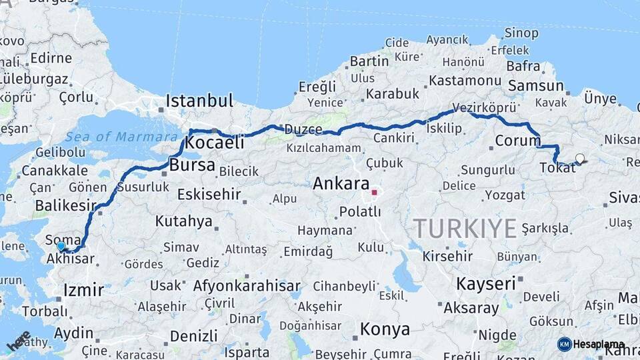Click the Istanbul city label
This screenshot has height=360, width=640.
click(199, 101)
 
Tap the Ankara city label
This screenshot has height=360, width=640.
click(341, 183)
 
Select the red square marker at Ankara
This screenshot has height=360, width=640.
click(375, 193)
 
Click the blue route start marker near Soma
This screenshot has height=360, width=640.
click(61, 246)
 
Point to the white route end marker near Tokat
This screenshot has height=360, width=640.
click(580, 159)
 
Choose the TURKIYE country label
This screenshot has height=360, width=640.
click(465, 229)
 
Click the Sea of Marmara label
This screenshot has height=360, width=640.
click(112, 137)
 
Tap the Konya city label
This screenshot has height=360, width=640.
click(385, 329)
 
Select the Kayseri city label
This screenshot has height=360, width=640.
click(486, 283)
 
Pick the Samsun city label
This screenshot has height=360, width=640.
click(536, 85)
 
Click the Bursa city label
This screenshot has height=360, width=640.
click(192, 165)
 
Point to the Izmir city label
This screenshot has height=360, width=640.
click(83, 289)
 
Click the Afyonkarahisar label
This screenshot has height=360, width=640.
click(247, 286)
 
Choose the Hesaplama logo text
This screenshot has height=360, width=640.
click(599, 344)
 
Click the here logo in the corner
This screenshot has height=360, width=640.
click(19, 340)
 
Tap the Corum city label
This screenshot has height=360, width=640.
click(517, 141)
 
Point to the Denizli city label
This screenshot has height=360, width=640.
click(193, 335)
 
